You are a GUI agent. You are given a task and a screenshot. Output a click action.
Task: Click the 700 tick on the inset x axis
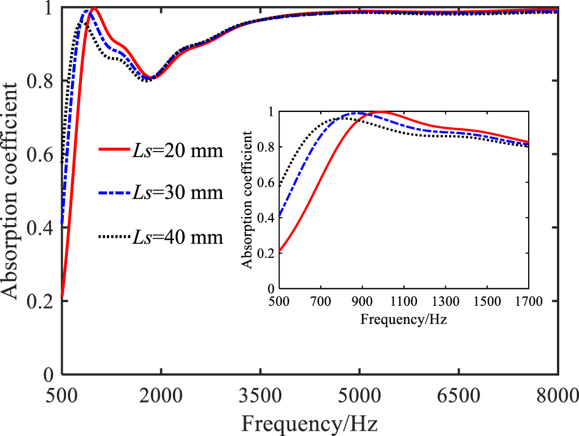321,300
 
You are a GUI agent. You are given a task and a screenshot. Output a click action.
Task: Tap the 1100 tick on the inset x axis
404,300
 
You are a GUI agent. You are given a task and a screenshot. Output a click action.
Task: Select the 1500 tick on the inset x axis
487,300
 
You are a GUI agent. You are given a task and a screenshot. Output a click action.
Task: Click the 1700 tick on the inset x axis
528,300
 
